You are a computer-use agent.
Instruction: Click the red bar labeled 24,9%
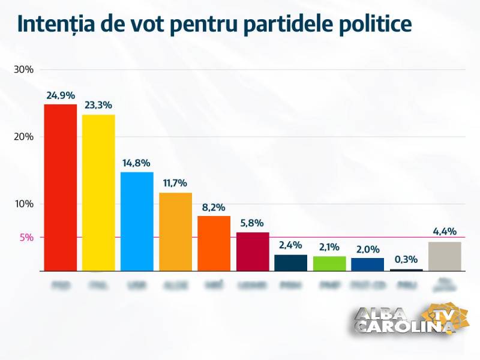click(61, 187)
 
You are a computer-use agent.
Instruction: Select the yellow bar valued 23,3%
click(98, 192)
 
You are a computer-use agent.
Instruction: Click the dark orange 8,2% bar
click(214, 243)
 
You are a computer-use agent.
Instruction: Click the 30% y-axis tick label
click(23, 70)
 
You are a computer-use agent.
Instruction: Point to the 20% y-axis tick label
click(23, 137)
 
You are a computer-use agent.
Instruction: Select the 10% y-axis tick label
click(23, 204)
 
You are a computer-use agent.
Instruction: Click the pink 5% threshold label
click(26, 238)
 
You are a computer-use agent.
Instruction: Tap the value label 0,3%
click(406, 260)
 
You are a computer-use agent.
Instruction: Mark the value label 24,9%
click(61, 95)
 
